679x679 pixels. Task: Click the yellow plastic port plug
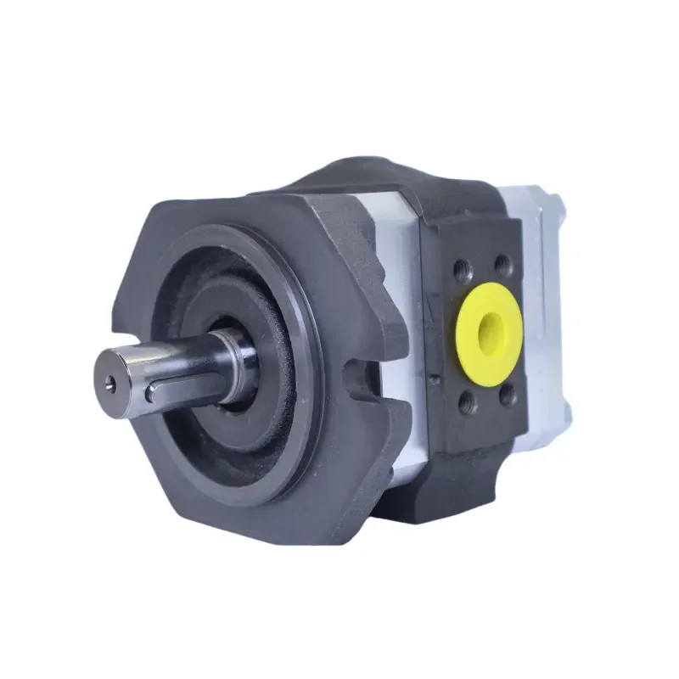click(x=489, y=323)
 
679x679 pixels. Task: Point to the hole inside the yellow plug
click(x=491, y=325)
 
